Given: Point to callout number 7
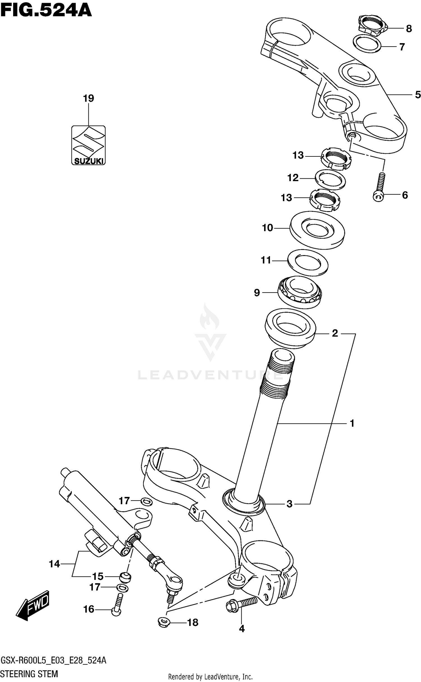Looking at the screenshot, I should click(x=402, y=47).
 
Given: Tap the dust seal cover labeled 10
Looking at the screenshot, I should click(x=317, y=230).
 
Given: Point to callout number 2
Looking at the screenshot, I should click(x=335, y=333).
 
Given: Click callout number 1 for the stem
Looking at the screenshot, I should click(x=352, y=423).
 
